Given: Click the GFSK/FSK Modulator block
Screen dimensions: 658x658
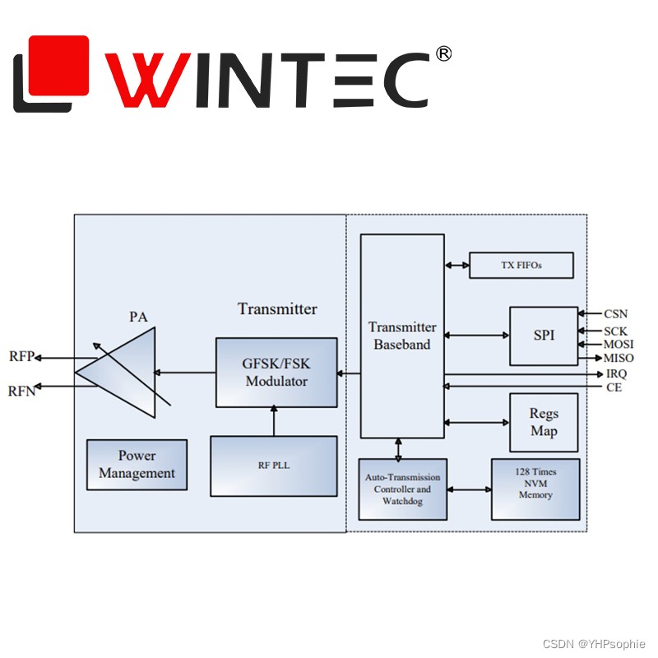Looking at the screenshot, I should click(276, 372).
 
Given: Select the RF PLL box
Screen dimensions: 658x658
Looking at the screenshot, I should click(273, 466).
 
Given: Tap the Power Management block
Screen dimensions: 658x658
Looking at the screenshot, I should click(137, 465).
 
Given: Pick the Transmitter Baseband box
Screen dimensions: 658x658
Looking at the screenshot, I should click(402, 336).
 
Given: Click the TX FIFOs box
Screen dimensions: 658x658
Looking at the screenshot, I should click(521, 265).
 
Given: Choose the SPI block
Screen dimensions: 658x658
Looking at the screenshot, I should click(544, 336).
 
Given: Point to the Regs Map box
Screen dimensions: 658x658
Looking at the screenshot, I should click(544, 422).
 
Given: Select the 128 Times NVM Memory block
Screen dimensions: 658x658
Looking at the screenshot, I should click(535, 489).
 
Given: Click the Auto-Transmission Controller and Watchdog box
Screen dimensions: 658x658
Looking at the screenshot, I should click(403, 489).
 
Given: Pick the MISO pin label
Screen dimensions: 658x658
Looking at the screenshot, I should click(619, 358).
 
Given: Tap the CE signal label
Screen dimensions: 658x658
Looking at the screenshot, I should click(614, 387).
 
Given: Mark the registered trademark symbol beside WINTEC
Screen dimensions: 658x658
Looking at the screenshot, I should click(443, 54).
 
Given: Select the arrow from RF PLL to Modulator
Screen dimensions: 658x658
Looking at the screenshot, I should click(273, 421).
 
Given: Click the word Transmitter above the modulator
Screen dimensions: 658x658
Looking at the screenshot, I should click(277, 309).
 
